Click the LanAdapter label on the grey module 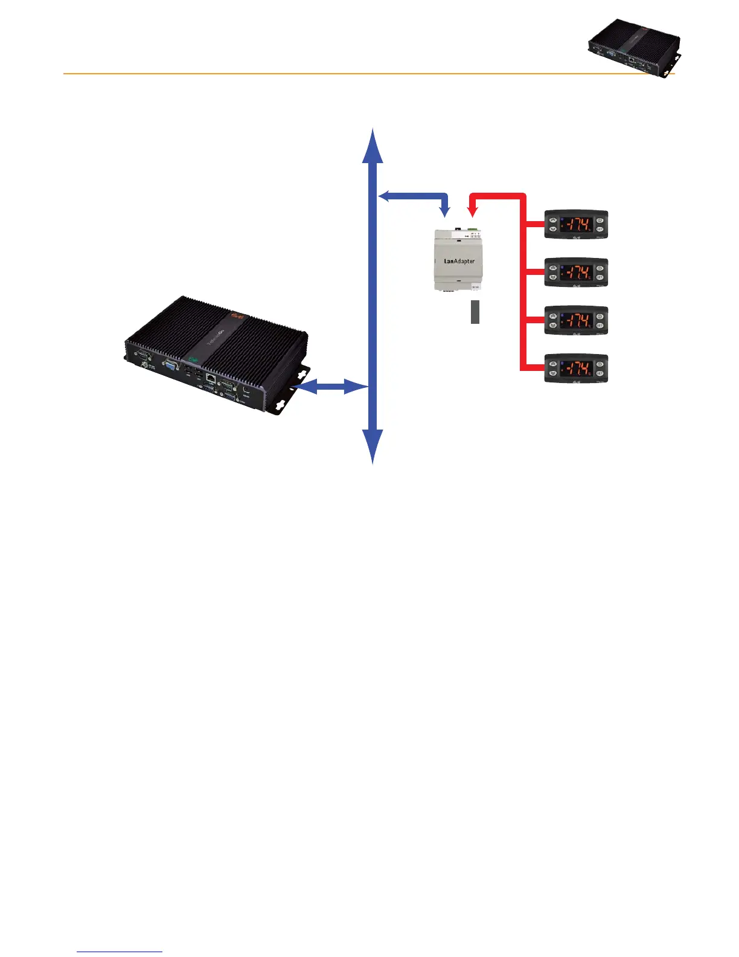pos(459,262)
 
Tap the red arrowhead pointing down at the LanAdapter pos(473,211)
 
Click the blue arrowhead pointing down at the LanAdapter pos(446,211)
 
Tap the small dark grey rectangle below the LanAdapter pos(475,312)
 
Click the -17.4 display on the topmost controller pos(576,224)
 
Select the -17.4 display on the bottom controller pos(576,369)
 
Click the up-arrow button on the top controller pos(552,220)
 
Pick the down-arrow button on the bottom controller pos(552,374)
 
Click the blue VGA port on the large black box pos(171,367)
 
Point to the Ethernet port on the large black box pos(210,379)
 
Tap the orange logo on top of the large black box pos(237,316)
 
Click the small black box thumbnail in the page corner pos(634,49)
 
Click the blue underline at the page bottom pos(120,952)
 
